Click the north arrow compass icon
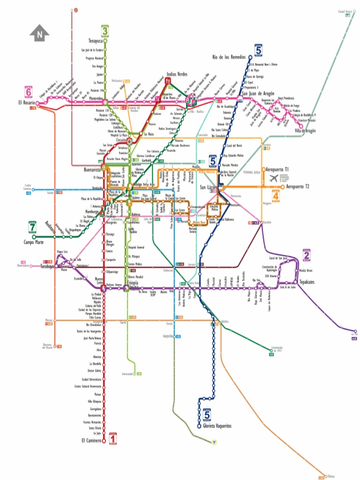(x=40, y=33)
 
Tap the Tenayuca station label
(x=96, y=41)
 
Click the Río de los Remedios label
(x=229, y=57)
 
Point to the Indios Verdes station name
(x=177, y=75)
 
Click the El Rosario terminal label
(x=27, y=103)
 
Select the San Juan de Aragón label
(x=258, y=94)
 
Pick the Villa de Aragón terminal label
(x=306, y=131)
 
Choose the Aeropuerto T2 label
(x=298, y=187)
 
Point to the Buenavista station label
(x=92, y=170)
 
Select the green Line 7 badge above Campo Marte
(x=32, y=227)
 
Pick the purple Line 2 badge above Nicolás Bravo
(x=307, y=255)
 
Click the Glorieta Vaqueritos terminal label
(x=217, y=426)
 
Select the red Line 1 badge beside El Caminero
(x=112, y=438)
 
